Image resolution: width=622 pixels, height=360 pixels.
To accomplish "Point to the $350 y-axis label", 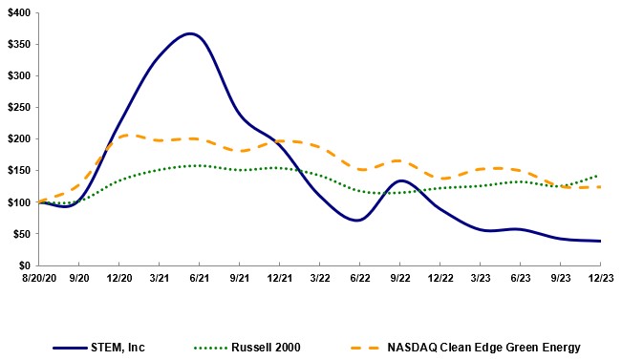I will coord(18,45).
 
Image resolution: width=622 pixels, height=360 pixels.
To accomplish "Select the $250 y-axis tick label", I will coord(18,108).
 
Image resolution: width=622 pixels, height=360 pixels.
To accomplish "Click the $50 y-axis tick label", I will coord(21,234).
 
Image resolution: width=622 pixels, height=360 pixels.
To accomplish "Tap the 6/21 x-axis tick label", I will coord(199,279).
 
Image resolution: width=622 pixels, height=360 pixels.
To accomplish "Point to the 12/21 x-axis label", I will coord(279,279).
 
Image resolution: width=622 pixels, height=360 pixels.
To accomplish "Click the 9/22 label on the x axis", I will coord(400,279).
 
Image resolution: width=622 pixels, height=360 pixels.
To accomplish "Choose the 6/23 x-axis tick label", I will coord(521,279).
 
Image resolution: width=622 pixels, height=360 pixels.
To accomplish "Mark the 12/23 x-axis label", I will coord(601,279).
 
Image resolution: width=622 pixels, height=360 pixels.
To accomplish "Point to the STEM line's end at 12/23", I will coord(601,241).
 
